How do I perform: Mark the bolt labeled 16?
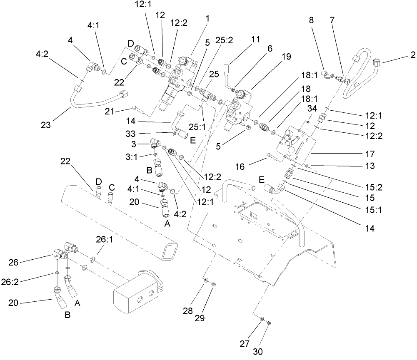click(x=274, y=157)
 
